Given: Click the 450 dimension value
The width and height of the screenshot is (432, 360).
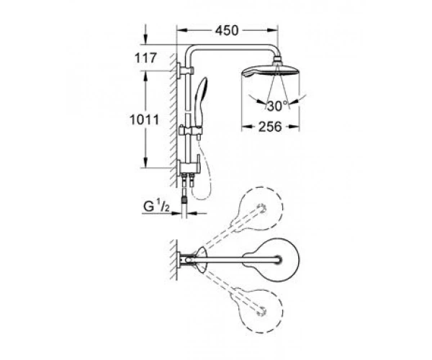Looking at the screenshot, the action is pos(227,30).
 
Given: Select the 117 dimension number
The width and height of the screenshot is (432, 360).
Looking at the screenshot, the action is pos(145,58).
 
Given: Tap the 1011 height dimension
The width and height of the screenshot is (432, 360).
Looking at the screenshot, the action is pos(145,120).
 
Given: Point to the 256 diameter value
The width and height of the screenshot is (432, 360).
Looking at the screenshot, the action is pos(270,127).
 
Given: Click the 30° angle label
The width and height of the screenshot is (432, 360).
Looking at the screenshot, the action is pos(277,106).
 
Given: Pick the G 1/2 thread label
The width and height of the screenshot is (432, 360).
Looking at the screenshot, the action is pos(156,207).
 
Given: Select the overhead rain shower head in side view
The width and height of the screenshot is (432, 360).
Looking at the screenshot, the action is pos(270,71).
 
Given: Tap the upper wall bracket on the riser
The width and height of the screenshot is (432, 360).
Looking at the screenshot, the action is pos(186,70).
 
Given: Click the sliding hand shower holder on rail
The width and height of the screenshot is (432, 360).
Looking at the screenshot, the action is pos(190,130).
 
